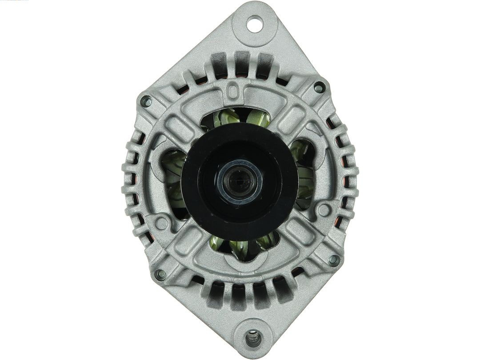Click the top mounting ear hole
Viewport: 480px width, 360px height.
pyautogui.click(x=255, y=24)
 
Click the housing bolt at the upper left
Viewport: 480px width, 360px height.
pyautogui.click(x=146, y=102)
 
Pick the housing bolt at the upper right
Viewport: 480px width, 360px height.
pyautogui.click(x=319, y=87)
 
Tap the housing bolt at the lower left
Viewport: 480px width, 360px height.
pyautogui.click(x=160, y=275)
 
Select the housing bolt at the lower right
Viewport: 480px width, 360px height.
pyautogui.click(x=333, y=260)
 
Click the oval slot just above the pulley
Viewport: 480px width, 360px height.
pyautogui.click(x=232, y=92)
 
